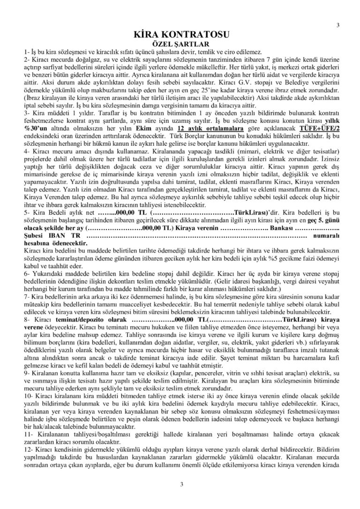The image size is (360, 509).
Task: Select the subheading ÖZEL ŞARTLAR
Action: (180, 43)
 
